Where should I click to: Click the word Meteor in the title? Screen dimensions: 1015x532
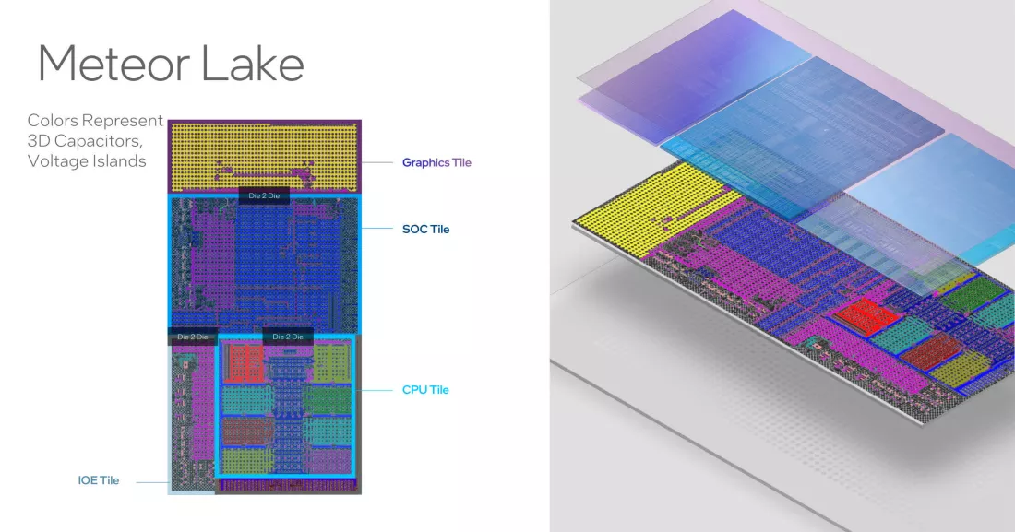[x=113, y=64]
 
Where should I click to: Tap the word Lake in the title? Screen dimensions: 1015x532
[x=253, y=63]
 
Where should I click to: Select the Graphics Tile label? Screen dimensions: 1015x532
[x=437, y=162]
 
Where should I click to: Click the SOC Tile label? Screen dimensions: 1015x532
[x=426, y=229]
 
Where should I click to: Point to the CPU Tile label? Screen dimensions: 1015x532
[x=425, y=390]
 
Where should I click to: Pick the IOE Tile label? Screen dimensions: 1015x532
[x=99, y=480]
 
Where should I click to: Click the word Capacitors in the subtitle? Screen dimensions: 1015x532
[x=99, y=141]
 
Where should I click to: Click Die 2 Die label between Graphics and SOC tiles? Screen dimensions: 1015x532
[x=264, y=195]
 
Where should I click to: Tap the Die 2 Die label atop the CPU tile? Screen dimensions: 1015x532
[x=288, y=337]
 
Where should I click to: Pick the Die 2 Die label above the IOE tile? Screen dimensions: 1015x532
[x=193, y=337]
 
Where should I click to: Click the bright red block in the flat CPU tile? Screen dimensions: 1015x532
[x=244, y=362]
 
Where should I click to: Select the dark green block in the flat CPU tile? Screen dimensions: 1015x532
[x=327, y=399]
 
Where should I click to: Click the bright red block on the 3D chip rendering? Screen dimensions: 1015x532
[x=866, y=317]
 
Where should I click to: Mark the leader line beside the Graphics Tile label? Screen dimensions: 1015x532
[x=376, y=162]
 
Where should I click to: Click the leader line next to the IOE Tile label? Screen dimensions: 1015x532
[x=153, y=482]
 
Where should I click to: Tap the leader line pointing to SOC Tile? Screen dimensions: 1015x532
[x=376, y=229]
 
